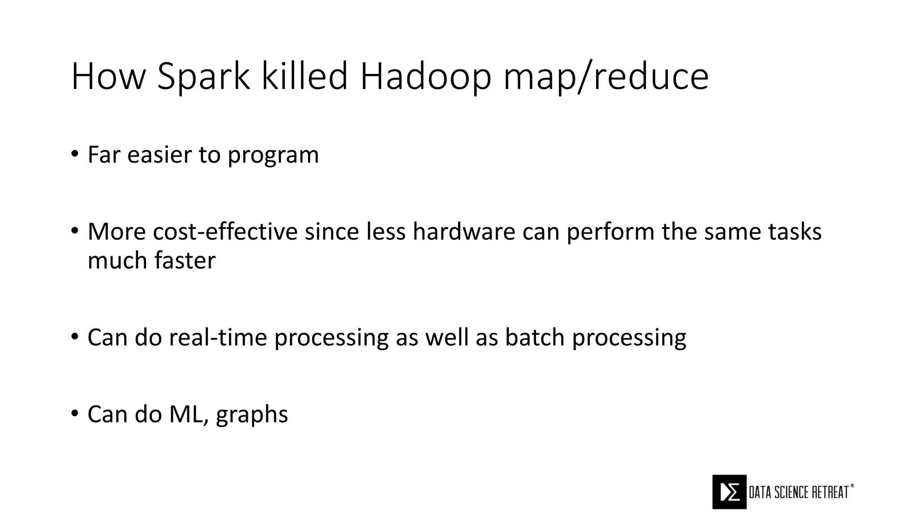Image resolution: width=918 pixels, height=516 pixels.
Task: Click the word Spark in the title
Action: (203, 77)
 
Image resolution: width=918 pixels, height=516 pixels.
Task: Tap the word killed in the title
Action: (304, 77)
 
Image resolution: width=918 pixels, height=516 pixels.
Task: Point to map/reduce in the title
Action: (606, 77)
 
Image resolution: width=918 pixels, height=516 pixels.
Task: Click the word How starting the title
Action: (108, 77)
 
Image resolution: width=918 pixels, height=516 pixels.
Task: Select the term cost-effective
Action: (225, 232)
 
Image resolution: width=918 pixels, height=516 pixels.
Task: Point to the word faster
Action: (185, 261)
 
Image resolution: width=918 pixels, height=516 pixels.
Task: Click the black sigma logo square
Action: (729, 492)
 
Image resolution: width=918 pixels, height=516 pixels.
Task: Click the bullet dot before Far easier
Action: (74, 154)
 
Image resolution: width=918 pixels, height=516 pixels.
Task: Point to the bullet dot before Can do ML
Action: (74, 413)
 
